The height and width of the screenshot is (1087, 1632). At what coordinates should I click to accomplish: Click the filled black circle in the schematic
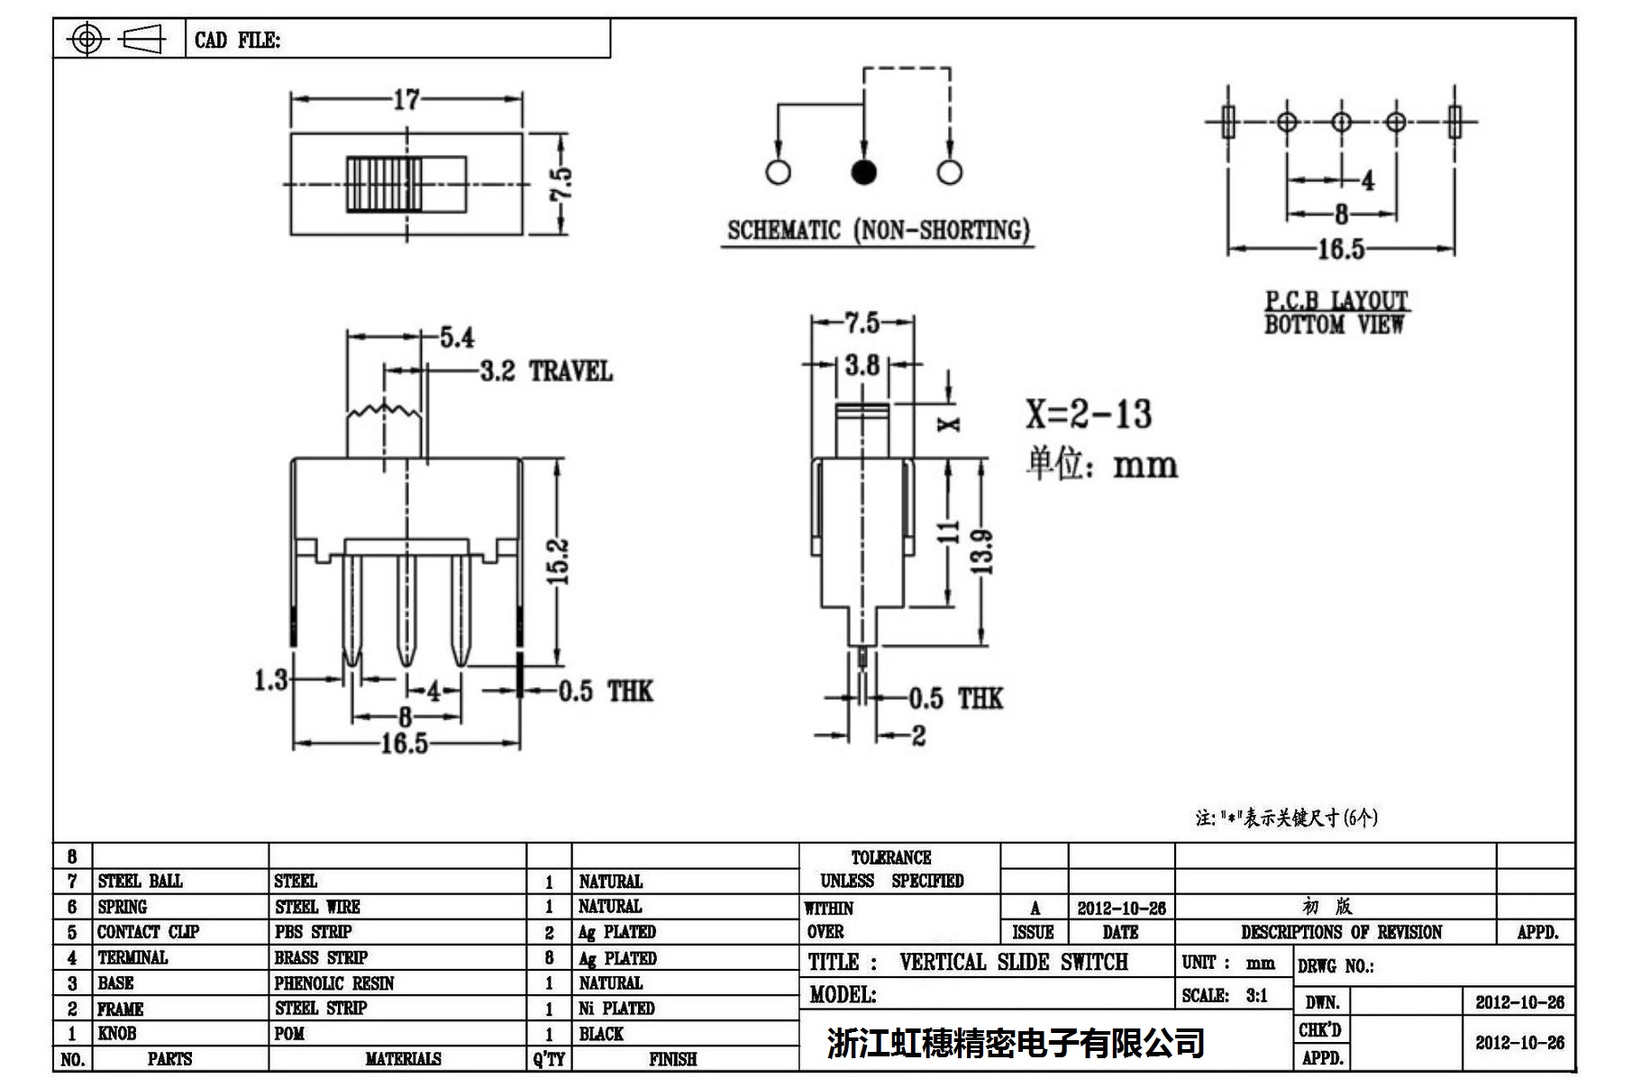point(863,172)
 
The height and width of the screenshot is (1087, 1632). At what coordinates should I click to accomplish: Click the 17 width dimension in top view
point(406,99)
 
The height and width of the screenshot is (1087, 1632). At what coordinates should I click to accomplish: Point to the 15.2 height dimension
point(559,561)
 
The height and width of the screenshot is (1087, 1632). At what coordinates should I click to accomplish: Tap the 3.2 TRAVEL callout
point(545,371)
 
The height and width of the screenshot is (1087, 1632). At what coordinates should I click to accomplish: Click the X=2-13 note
point(1089,414)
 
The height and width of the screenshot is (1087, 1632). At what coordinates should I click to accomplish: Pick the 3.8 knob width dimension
point(862,365)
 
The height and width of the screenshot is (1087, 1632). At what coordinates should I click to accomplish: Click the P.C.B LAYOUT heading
point(1336,301)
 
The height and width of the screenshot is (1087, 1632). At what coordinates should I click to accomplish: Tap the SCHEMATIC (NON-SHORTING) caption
point(878,231)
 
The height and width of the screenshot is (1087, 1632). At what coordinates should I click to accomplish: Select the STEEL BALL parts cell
point(140,881)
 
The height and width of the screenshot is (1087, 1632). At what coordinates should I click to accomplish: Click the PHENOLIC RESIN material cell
point(334,983)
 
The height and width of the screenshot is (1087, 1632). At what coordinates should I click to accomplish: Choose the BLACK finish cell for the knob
point(601,1034)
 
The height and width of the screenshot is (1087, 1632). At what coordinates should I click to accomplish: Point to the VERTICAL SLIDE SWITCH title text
point(1013,962)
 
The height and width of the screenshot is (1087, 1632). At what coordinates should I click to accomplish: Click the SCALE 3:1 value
point(1256,995)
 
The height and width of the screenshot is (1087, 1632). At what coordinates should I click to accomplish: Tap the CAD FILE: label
point(237,41)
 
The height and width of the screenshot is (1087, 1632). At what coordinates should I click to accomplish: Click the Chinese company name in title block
point(1016,1043)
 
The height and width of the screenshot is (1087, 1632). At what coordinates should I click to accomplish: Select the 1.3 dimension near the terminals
point(270,680)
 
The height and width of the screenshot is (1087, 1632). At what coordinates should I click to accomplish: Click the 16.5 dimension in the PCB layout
point(1341,249)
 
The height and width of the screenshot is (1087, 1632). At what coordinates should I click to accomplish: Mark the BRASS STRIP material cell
point(321,957)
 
